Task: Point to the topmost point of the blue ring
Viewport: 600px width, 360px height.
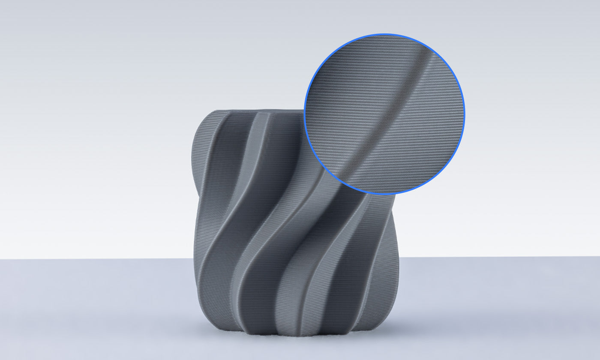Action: click(x=384, y=34)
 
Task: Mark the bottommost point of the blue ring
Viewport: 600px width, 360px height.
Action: click(x=384, y=195)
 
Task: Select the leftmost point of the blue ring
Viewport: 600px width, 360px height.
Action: click(x=304, y=114)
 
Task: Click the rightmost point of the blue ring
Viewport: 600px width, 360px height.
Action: click(x=465, y=114)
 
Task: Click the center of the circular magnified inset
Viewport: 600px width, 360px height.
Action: click(x=384, y=114)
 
